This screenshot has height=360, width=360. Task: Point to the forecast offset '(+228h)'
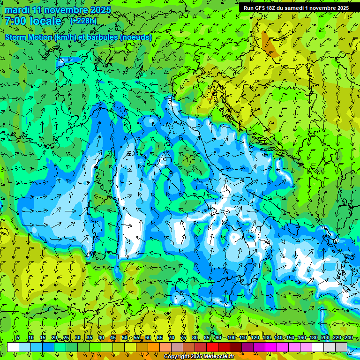pyautogui.click(x=83, y=21)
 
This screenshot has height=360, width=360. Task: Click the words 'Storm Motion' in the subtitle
pyautogui.click(x=29, y=37)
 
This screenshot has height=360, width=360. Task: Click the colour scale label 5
pyautogui.click(x=18, y=337)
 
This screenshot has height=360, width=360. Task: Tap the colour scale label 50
pyautogui.click(x=125, y=337)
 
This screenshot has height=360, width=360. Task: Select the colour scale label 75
pyautogui.click(x=183, y=337)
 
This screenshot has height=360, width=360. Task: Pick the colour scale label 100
pyautogui.click(x=231, y=337)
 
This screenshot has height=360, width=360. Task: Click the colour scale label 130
pyautogui.click(x=266, y=337)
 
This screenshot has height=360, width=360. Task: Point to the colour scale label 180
pyautogui.click(x=313, y=337)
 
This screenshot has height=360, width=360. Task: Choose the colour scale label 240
pyautogui.click(x=348, y=337)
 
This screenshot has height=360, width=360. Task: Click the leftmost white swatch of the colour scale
pyautogui.click(x=13, y=347)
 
